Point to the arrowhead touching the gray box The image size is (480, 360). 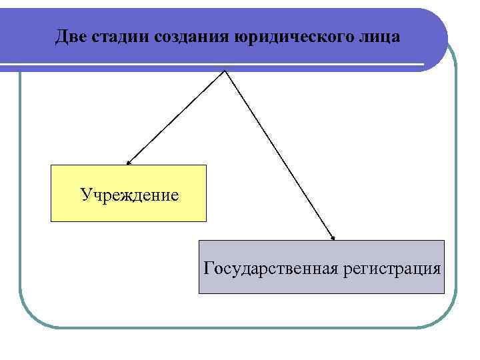tap(333, 237)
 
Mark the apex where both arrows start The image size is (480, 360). tap(226, 71)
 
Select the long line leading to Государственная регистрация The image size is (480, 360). tap(280, 155)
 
